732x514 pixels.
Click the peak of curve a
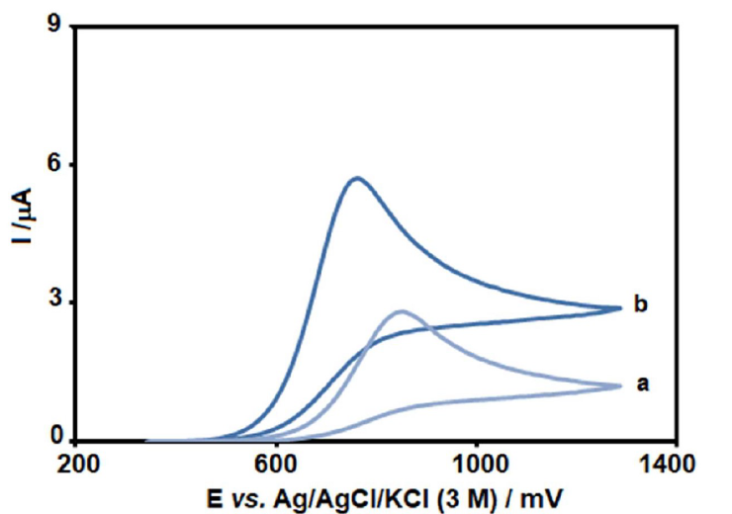[x=402, y=312]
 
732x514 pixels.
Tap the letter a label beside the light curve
[x=641, y=384]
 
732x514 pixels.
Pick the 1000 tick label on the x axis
[x=478, y=462]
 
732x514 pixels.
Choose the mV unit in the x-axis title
[x=543, y=493]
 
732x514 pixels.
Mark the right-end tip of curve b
[x=619, y=307]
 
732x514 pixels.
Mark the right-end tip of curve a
[x=619, y=385]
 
